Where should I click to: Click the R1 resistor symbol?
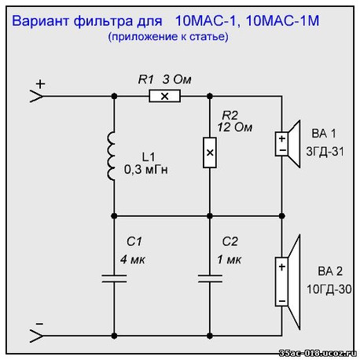click(x=164, y=96)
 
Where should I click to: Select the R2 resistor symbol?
click(x=210, y=152)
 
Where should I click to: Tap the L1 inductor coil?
click(x=111, y=156)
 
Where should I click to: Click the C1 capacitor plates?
click(x=114, y=278)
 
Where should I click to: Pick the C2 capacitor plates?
click(x=210, y=278)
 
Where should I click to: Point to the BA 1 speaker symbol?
click(x=288, y=144)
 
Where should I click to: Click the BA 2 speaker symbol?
click(x=288, y=282)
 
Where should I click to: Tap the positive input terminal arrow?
click(x=37, y=96)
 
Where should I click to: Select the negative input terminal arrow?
click(x=37, y=336)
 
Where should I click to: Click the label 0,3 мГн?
click(x=146, y=170)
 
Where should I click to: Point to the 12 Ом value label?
click(x=235, y=127)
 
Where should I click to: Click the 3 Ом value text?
click(x=177, y=79)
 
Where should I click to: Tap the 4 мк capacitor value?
click(x=133, y=259)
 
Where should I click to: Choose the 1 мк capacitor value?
click(x=229, y=259)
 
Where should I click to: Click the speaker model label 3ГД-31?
click(x=325, y=152)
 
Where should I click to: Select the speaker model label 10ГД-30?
click(x=329, y=289)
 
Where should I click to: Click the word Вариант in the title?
click(x=41, y=21)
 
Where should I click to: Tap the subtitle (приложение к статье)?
click(x=168, y=36)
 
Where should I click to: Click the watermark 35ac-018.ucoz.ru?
click(x=318, y=353)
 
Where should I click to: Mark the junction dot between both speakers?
click(x=282, y=216)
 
